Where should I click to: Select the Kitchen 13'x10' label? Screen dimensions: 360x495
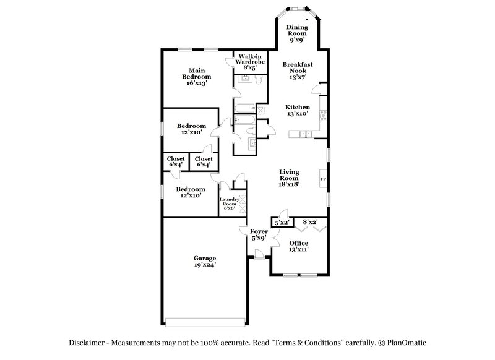pos(298,110)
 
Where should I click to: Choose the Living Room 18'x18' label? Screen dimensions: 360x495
pos(289,178)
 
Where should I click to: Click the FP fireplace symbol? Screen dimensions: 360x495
pos(323,179)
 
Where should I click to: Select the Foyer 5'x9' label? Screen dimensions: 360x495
pos(259,234)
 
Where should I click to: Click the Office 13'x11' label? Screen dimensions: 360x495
pos(299,246)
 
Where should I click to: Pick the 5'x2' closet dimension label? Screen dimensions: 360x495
pos(282,221)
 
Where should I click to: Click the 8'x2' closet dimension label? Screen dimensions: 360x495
pos(309,221)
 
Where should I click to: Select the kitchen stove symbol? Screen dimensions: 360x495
pos(322,114)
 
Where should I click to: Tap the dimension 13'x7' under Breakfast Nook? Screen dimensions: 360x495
pos(298,78)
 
